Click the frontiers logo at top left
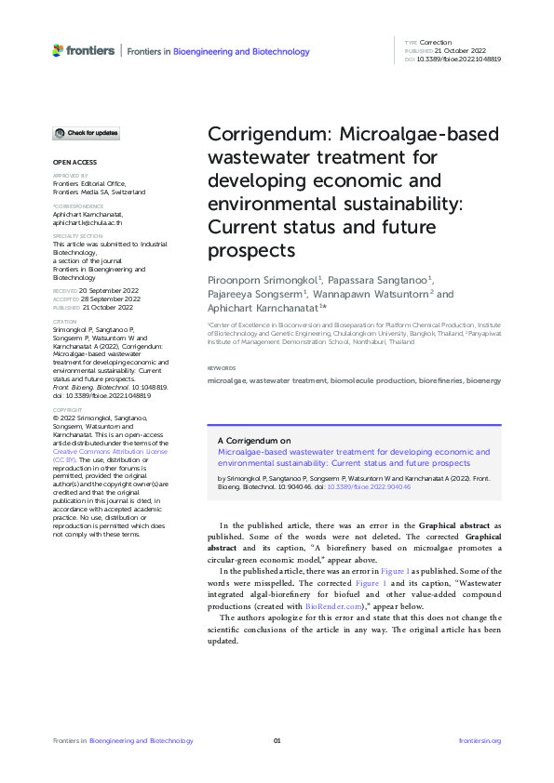[84, 50]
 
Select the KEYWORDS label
[222, 369]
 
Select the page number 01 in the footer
[277, 740]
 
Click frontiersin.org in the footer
[480, 740]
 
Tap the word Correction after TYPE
[435, 43]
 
